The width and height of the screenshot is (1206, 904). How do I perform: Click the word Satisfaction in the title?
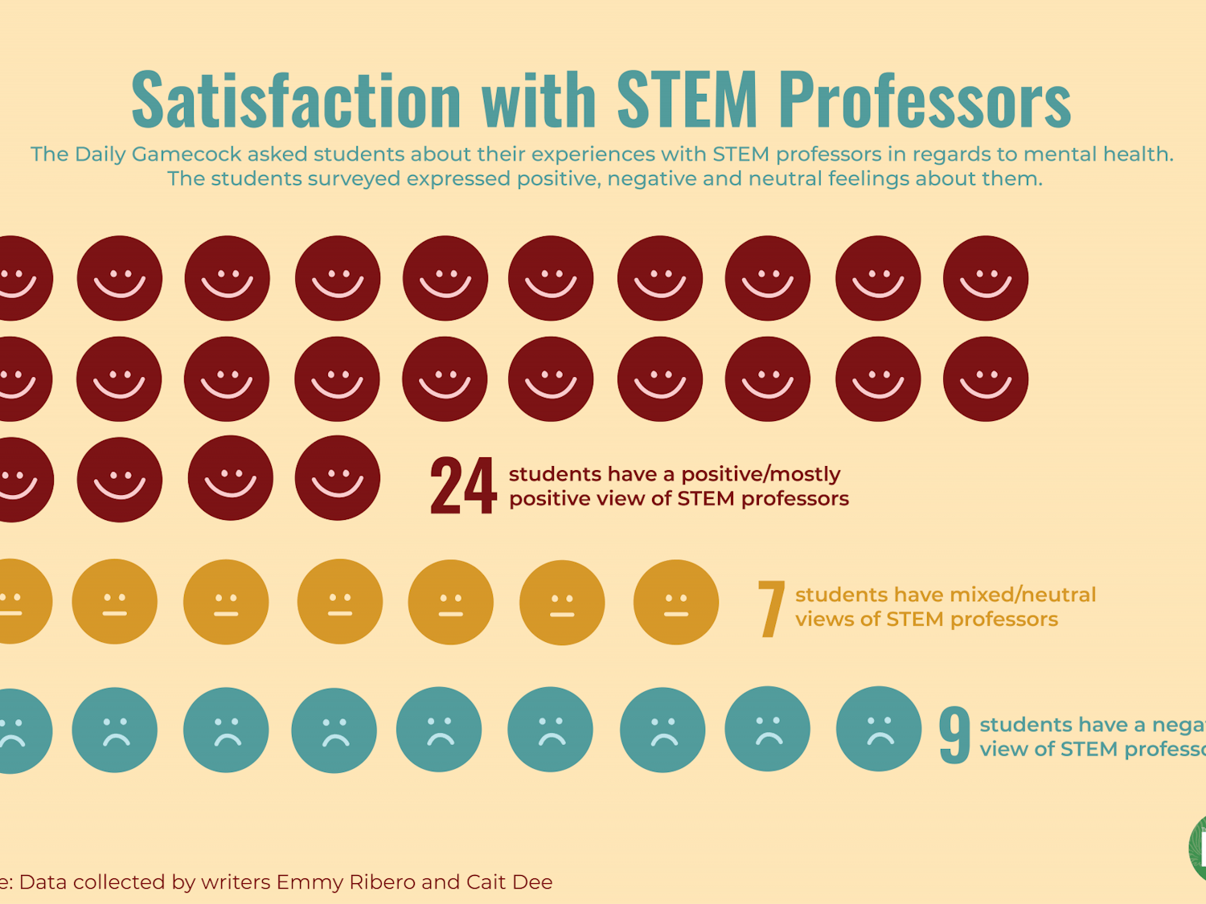pyautogui.click(x=296, y=100)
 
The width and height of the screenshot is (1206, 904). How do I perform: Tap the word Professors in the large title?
pyautogui.click(x=925, y=100)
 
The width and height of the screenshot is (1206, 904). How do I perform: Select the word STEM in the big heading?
pyautogui.click(x=687, y=100)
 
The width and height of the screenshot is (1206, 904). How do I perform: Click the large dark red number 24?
pyautogui.click(x=462, y=485)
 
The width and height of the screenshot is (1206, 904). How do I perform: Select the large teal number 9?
pyautogui.click(x=954, y=734)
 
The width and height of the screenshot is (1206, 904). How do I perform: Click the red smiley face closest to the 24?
pyautogui.click(x=338, y=478)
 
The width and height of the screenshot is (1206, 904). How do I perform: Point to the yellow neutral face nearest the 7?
pyautogui.click(x=675, y=603)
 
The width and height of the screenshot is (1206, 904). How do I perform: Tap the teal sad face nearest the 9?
pyautogui.click(x=879, y=729)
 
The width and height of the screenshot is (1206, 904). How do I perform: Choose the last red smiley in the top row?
pyautogui.click(x=986, y=278)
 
